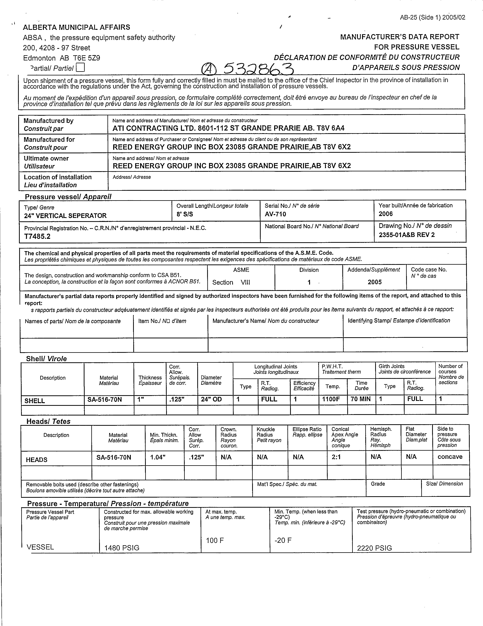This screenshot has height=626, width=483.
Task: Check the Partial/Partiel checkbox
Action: tap(81, 67)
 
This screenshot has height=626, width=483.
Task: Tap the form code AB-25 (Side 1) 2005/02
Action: tap(432, 17)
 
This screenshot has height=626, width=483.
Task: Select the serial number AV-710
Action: tap(275, 214)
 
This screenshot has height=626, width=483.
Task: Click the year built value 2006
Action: tap(386, 214)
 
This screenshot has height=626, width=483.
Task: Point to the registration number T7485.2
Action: tap(38, 237)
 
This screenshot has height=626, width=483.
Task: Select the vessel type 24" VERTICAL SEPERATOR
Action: tap(65, 216)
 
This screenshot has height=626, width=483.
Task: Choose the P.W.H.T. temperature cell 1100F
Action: tap(331, 399)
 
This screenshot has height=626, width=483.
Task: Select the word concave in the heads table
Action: tap(450, 457)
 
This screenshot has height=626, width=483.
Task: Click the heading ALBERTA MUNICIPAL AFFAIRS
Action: tap(77, 27)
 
